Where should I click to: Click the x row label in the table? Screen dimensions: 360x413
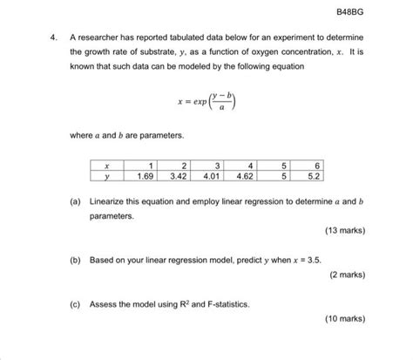click(x=107, y=163)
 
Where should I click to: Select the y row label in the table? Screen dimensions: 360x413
click(x=107, y=174)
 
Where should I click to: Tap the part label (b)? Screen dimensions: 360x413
click(x=77, y=259)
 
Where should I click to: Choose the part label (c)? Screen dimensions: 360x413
click(x=77, y=304)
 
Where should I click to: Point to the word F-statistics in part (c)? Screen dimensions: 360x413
click(x=224, y=304)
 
